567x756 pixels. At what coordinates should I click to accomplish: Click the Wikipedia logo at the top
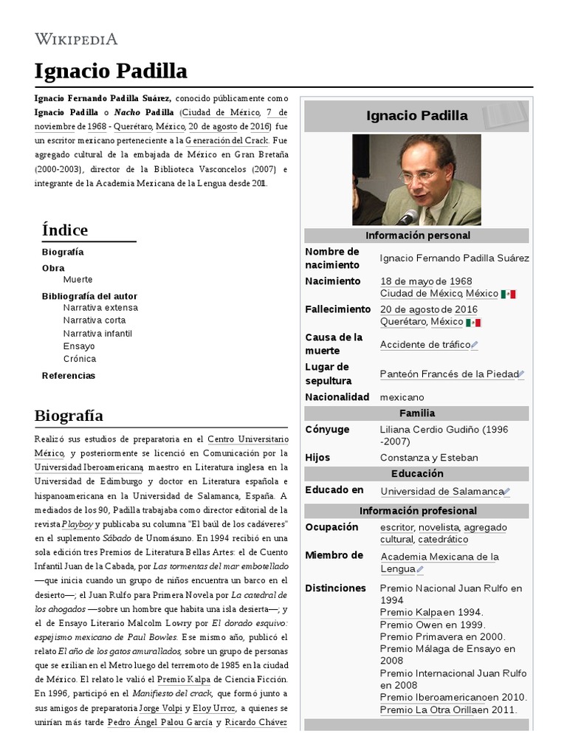(x=76, y=39)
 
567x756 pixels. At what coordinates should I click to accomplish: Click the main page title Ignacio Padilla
(x=111, y=72)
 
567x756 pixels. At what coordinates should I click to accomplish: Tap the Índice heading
(x=65, y=230)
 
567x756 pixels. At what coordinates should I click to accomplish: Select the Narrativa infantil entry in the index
(x=97, y=333)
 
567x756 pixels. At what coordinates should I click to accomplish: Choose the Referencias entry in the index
(x=69, y=375)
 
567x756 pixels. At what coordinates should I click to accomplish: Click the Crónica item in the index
(x=80, y=359)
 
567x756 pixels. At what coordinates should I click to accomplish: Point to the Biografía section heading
(x=69, y=415)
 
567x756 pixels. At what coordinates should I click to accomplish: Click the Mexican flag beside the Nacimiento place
(x=508, y=294)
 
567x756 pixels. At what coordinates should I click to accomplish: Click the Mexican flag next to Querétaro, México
(x=473, y=323)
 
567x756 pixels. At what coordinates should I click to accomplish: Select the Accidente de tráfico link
(x=425, y=345)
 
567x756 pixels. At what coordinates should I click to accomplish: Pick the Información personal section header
(x=417, y=236)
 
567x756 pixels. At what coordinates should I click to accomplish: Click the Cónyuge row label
(x=327, y=430)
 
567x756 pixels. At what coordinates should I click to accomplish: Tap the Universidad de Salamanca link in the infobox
(x=441, y=491)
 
